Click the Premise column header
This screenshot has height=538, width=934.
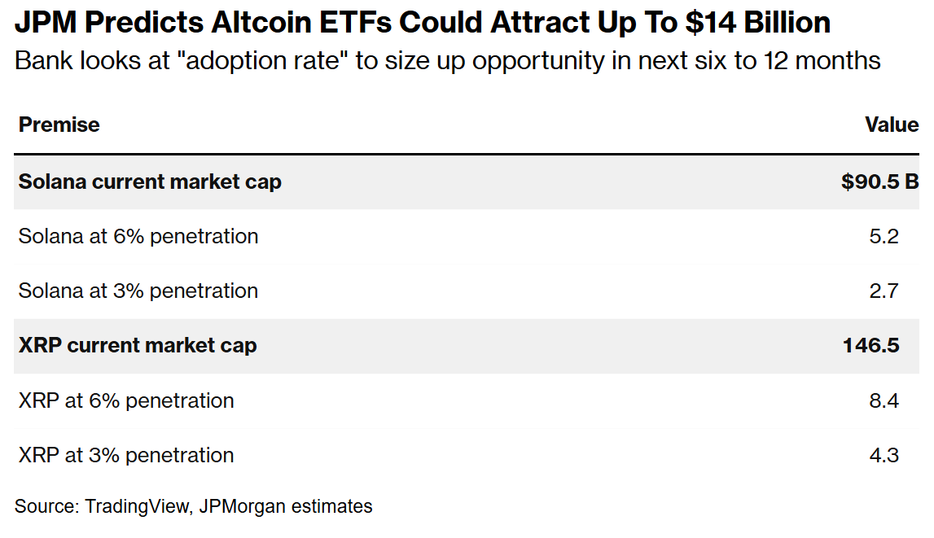[x=59, y=125]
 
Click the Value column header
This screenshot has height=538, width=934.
[x=892, y=125]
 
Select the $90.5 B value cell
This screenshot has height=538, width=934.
[x=879, y=182]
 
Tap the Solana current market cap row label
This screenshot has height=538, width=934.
[x=150, y=182]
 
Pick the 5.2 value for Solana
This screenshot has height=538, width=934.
[x=884, y=236]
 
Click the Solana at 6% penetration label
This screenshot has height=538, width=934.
[x=138, y=236]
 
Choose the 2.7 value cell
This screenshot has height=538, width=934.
[x=884, y=291]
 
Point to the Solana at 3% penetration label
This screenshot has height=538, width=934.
[x=138, y=291]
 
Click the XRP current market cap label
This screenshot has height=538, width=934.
[x=138, y=345]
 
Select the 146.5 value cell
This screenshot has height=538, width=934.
[x=870, y=345]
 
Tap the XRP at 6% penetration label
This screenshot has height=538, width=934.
[x=126, y=400]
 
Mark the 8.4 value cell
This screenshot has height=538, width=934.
[x=884, y=400]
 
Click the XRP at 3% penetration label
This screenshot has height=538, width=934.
[x=126, y=455]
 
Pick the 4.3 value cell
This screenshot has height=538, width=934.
[x=884, y=455]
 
